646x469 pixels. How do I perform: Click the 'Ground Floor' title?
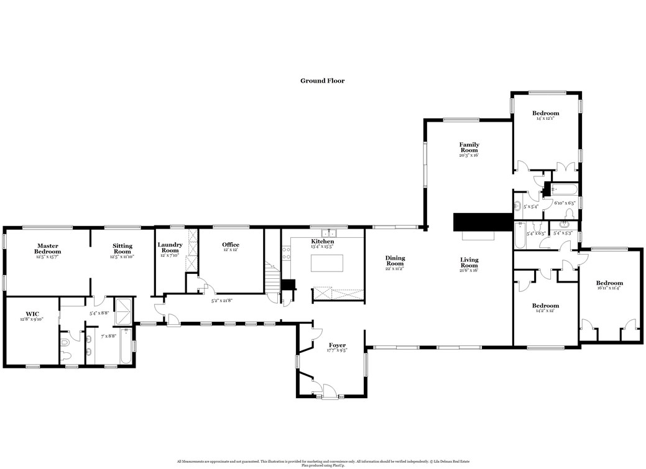pyautogui.click(x=322, y=81)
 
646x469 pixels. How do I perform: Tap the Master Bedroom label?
pyautogui.click(x=47, y=248)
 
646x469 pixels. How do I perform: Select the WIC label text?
pyautogui.click(x=32, y=314)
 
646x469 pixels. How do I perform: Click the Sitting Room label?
pyautogui.click(x=122, y=248)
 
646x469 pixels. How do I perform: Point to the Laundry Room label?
pyautogui.click(x=170, y=247)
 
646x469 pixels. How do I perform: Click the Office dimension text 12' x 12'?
pyautogui.click(x=231, y=251)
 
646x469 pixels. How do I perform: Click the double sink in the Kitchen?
pyautogui.click(x=336, y=233)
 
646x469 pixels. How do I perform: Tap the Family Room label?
pyautogui.click(x=469, y=148)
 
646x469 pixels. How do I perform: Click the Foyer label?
pyautogui.click(x=337, y=345)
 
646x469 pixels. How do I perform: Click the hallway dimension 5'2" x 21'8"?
pyautogui.click(x=222, y=301)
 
